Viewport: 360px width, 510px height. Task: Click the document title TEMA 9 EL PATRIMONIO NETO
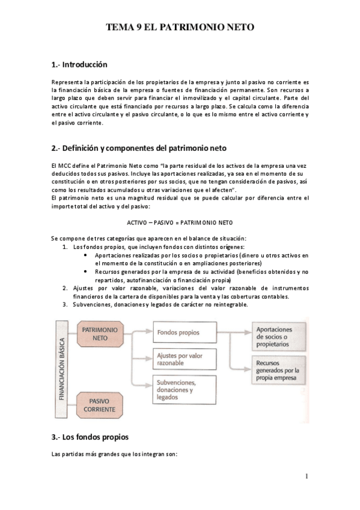pos(180,28)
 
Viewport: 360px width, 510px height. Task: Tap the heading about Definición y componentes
pos(139,148)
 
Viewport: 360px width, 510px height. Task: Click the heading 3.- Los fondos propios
pos(90,437)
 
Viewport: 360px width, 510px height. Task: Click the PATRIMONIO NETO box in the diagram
pos(99,334)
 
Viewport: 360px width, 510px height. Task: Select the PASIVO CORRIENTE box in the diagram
pos(99,404)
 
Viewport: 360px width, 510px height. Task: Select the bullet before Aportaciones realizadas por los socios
pos(88,256)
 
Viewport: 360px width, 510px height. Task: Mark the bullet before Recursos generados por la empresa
pos(88,272)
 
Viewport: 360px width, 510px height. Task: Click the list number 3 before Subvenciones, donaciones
pos(65,304)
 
